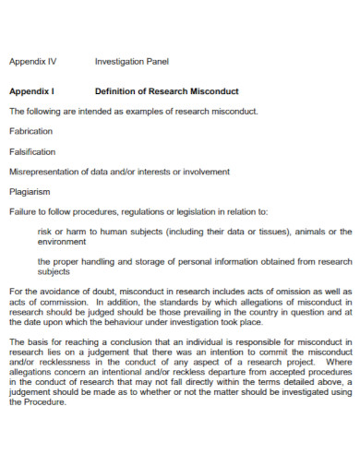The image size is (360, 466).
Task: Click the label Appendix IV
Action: tap(32, 62)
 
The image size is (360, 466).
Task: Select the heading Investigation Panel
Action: tap(132, 62)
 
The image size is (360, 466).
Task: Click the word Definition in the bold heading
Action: tap(117, 91)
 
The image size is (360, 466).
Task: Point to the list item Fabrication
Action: tap(31, 131)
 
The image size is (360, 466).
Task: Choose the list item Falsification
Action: tap(32, 151)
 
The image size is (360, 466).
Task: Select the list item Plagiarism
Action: tap(30, 191)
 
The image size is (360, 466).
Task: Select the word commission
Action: tap(57, 302)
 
